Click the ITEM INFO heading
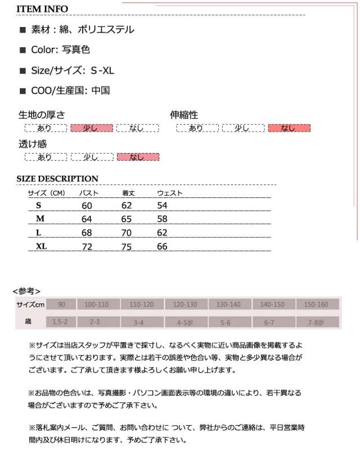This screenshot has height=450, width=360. [42, 9]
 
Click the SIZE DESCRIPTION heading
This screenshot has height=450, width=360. [57, 179]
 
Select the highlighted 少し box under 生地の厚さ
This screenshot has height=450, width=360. [92, 128]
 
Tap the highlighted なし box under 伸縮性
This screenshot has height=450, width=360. [289, 128]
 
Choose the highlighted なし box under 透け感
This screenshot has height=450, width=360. [138, 157]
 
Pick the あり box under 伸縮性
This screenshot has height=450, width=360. [196, 128]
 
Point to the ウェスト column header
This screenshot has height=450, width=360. [170, 193]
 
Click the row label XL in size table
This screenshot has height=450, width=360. [41, 246]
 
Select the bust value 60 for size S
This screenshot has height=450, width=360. [87, 206]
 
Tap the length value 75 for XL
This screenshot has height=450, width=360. [127, 246]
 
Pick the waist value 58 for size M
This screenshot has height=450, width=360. [163, 219]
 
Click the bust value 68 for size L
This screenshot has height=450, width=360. [87, 232]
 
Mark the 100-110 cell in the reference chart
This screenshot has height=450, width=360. [97, 304]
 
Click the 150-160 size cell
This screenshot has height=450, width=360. [316, 304]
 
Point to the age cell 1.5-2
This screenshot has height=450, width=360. [60, 322]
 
